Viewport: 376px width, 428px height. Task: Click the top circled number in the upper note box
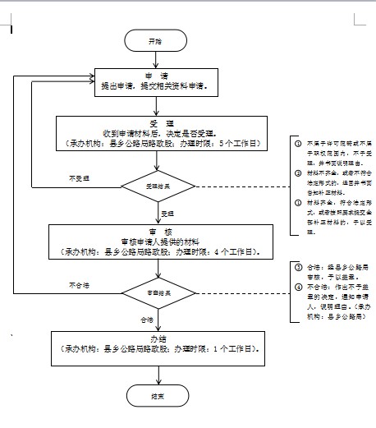[x=298, y=142]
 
